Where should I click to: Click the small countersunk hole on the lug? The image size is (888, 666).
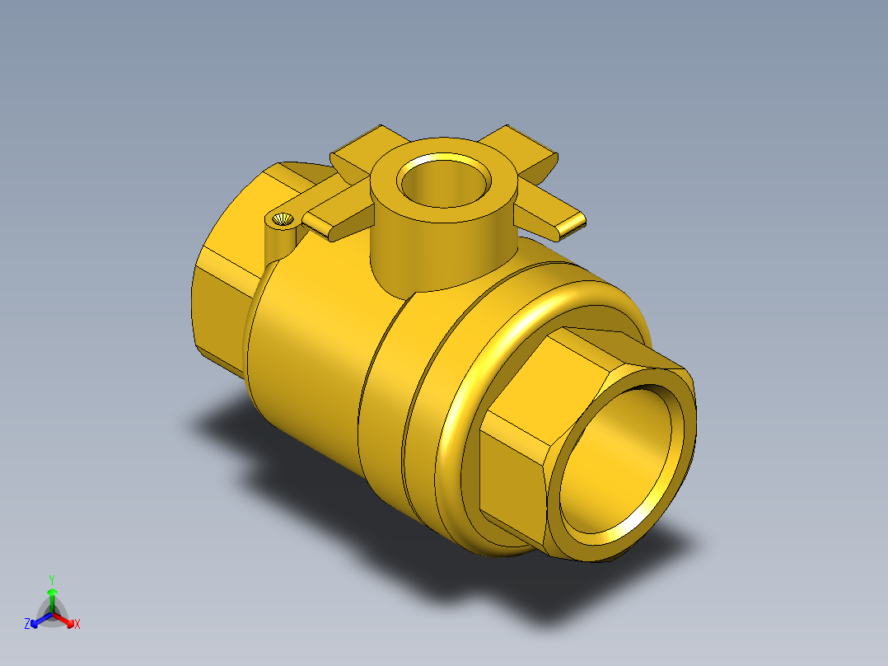click(283, 218)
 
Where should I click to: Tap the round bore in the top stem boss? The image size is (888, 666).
click(444, 181)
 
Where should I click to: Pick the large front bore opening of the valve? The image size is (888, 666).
click(620, 459)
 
